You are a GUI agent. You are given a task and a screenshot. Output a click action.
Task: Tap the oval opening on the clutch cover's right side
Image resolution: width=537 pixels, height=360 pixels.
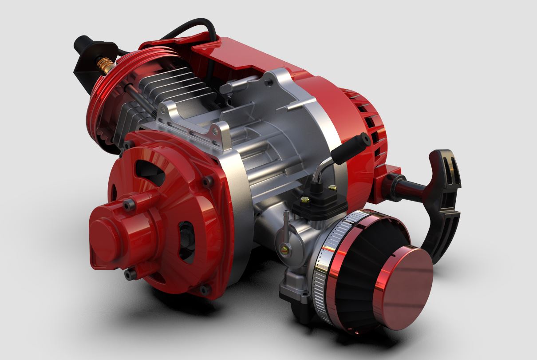pos(186,242)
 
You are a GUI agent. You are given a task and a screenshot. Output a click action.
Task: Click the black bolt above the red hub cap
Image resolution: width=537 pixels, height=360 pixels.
pos(129,204)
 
